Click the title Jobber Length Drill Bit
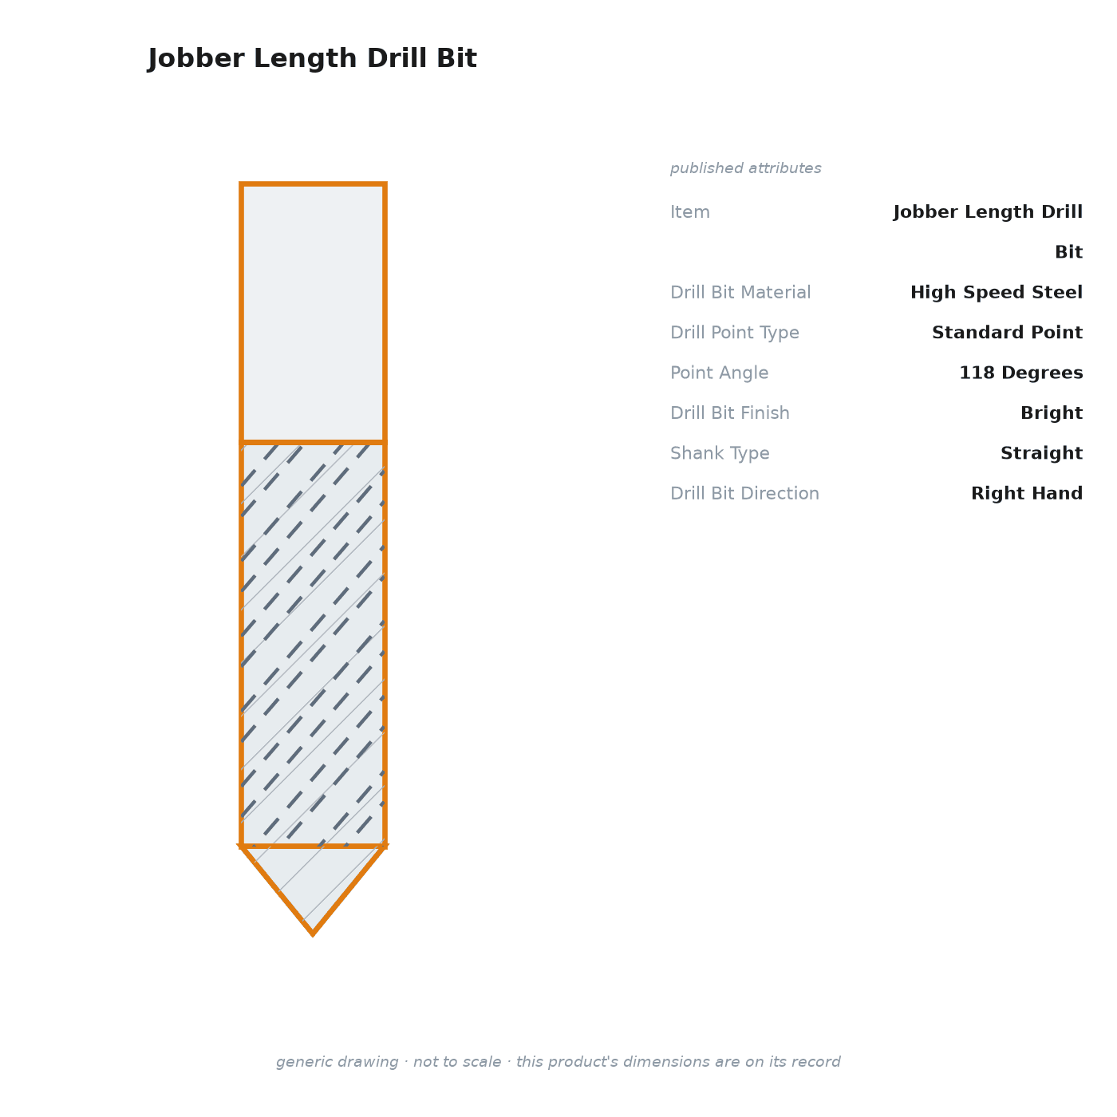[312, 58]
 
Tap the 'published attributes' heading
[745, 168]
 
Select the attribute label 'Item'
[690, 211]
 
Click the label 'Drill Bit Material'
[740, 292]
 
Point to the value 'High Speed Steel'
[996, 292]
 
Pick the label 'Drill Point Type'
[734, 333]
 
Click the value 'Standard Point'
[1007, 332]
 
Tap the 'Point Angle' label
[719, 373]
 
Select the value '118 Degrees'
[1020, 373]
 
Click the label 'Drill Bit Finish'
[730, 412]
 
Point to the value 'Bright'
[1052, 413]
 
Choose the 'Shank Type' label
[720, 453]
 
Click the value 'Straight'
[1041, 453]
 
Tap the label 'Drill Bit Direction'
[744, 493]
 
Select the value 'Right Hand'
[1027, 493]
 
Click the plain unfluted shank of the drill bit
[313, 313]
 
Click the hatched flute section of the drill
[313, 644]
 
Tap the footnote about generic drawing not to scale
[558, 1062]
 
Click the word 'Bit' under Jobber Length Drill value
[1068, 252]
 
